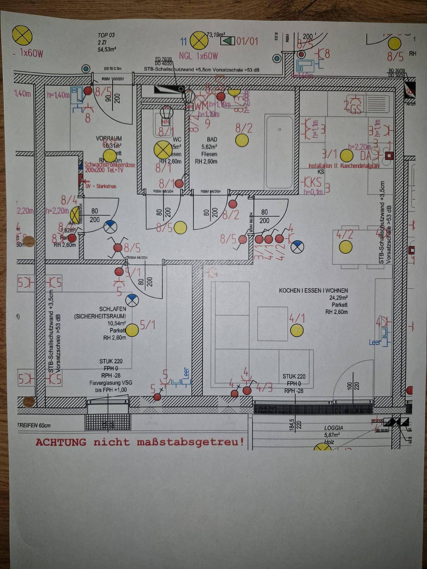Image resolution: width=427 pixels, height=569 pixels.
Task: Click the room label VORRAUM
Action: [x=109, y=138]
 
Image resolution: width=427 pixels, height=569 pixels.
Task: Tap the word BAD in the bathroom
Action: [x=212, y=139]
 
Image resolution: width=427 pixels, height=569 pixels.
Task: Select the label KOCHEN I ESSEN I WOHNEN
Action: [x=313, y=290]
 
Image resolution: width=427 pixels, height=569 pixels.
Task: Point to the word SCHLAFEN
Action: [x=112, y=309]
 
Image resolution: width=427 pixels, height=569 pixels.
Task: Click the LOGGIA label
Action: [x=333, y=428]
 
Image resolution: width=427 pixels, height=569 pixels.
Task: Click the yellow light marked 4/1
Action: [x=297, y=330]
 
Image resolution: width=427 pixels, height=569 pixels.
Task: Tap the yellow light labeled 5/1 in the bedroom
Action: [x=132, y=330]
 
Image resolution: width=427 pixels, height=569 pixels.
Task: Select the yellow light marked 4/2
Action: [x=345, y=247]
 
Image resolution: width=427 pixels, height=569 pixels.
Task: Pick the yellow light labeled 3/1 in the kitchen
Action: [x=346, y=155]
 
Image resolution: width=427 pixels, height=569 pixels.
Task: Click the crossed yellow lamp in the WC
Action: [x=163, y=150]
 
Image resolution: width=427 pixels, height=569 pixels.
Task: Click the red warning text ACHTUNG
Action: [x=61, y=442]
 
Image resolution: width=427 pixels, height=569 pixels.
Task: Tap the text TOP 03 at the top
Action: [x=106, y=35]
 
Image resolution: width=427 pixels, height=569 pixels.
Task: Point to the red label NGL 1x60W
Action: [x=198, y=56]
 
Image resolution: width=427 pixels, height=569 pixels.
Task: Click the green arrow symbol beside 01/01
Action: [x=228, y=41]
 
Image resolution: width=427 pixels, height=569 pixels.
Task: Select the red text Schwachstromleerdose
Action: [x=110, y=165]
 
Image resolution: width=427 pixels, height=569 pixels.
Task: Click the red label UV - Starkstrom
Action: [x=101, y=186]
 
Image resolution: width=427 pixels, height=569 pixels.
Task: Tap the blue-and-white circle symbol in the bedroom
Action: [x=132, y=300]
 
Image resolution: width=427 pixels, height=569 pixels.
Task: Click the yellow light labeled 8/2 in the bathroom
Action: [x=242, y=140]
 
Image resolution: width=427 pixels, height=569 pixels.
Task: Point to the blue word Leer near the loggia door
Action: [x=375, y=342]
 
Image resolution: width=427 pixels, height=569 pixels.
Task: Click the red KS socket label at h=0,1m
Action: [x=315, y=182]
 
